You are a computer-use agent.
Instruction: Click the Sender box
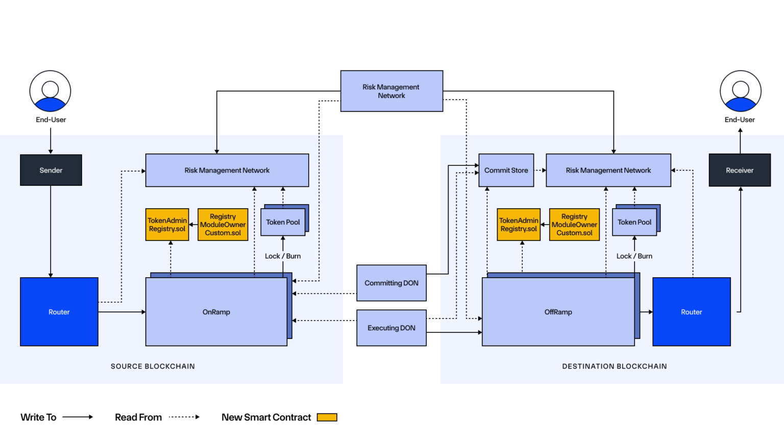51,170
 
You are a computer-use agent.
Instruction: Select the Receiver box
740,170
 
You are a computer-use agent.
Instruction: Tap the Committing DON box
391,283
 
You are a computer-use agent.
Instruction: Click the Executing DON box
391,328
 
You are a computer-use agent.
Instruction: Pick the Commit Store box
506,170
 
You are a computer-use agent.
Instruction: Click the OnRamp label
216,312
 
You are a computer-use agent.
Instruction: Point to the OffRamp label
558,312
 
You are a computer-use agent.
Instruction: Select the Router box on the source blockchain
59,312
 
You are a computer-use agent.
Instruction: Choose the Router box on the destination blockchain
692,312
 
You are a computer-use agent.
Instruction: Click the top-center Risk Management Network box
391,91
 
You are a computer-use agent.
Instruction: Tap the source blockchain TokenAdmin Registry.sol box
167,225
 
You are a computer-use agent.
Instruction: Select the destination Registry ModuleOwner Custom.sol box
574,225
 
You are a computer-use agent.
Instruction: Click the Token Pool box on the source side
283,222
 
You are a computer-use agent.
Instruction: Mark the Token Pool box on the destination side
634,222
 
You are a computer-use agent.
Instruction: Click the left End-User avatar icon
50,91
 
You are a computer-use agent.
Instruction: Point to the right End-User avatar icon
741,91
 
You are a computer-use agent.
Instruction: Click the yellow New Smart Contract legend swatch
327,418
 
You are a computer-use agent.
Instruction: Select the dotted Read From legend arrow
184,417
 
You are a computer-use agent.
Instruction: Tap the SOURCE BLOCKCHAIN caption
153,366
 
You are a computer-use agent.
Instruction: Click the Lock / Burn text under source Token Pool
283,256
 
